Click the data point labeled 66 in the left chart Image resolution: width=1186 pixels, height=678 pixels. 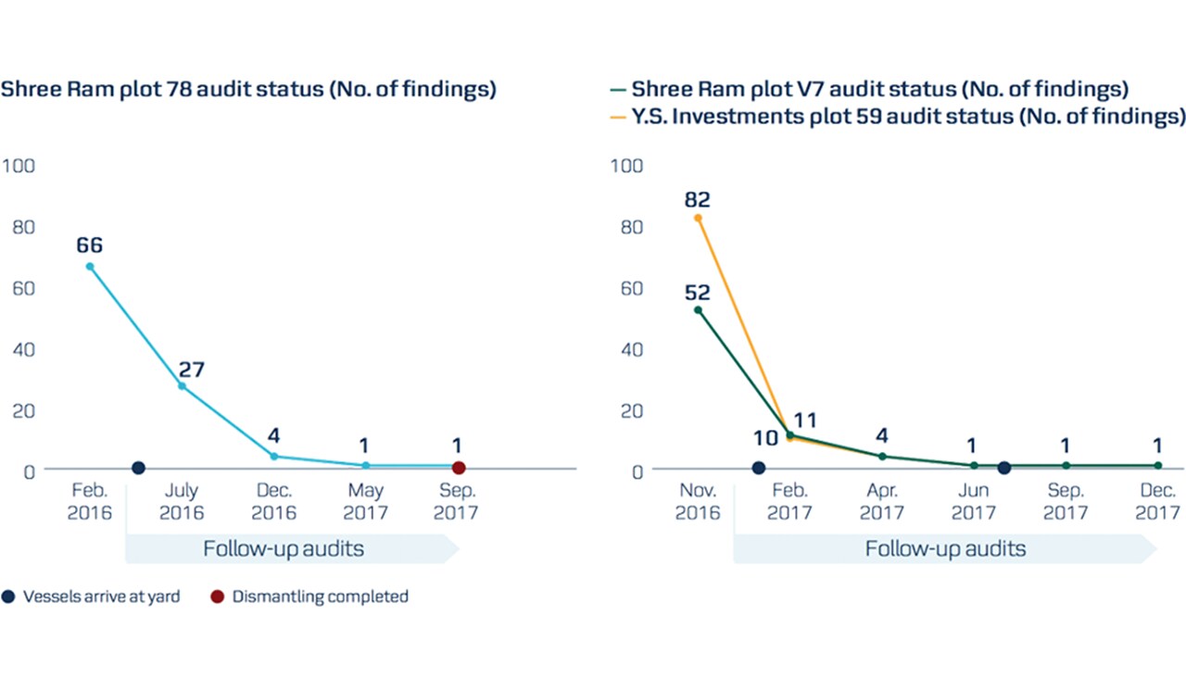pyautogui.click(x=90, y=267)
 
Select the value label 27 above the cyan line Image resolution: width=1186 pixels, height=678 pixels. pyautogui.click(x=191, y=370)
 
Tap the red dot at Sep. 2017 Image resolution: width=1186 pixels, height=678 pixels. pyautogui.click(x=458, y=468)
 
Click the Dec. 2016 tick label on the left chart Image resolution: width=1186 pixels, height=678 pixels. pyautogui.click(x=274, y=501)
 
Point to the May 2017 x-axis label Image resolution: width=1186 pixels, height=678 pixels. pyautogui.click(x=365, y=501)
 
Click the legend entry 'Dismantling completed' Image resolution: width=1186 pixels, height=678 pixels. pyautogui.click(x=320, y=596)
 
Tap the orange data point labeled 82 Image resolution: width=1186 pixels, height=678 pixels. pyautogui.click(x=698, y=218)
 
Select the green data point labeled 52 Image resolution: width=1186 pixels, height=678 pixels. pyautogui.click(x=698, y=309)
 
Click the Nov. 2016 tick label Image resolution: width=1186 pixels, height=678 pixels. pyautogui.click(x=698, y=501)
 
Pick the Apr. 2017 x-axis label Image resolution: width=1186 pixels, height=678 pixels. pyautogui.click(x=881, y=501)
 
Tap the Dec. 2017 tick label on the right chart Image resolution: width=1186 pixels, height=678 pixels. pyautogui.click(x=1157, y=501)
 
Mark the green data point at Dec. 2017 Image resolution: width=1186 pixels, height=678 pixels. pyautogui.click(x=1157, y=465)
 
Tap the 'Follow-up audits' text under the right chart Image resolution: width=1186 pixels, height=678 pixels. pyautogui.click(x=945, y=548)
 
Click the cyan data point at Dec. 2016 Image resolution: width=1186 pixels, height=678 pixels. pyautogui.click(x=273, y=457)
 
